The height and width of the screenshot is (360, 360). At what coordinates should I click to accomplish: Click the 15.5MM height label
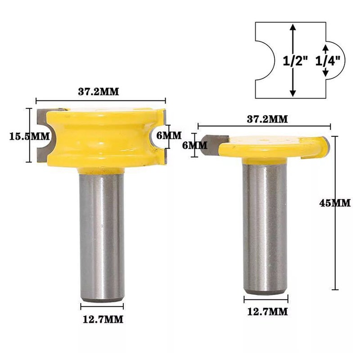[29, 137]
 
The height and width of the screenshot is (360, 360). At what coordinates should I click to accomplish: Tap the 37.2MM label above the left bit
[99, 92]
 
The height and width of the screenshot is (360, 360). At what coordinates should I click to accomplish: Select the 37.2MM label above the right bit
[267, 119]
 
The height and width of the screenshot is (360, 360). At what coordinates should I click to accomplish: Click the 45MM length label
[335, 203]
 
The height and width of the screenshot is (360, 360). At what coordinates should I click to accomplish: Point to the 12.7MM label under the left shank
[103, 319]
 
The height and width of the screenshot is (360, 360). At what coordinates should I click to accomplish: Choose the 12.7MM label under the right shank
[267, 312]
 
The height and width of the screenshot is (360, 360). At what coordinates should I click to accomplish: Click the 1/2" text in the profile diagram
[295, 61]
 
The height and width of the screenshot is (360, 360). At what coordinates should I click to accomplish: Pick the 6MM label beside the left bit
[169, 135]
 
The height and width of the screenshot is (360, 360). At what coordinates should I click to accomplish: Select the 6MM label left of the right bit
[195, 145]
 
